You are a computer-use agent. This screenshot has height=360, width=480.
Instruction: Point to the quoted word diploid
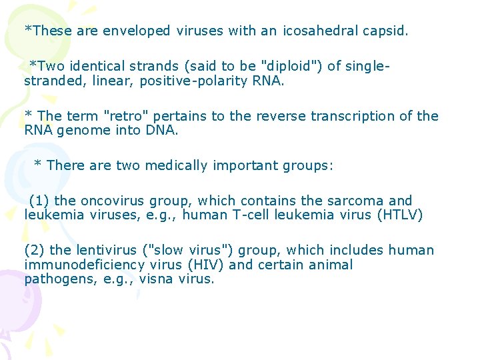(291, 66)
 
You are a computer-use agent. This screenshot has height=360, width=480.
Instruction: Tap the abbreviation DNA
(162, 131)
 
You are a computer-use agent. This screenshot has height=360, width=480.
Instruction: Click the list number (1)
(39, 201)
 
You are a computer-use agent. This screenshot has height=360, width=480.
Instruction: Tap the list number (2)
(35, 251)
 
